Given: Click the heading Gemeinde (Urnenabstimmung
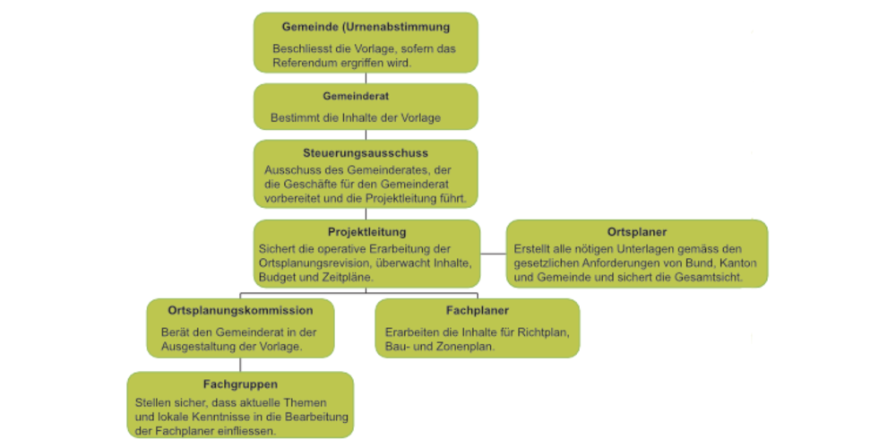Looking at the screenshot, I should [x=366, y=27].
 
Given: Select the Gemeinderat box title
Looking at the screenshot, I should [x=366, y=95].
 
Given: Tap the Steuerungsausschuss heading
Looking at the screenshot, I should [x=366, y=153].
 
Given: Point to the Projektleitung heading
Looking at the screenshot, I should [x=366, y=232].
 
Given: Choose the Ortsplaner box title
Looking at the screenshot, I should [x=636, y=232].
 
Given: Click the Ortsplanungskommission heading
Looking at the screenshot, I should [x=240, y=311].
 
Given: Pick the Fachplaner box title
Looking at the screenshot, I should [x=477, y=311].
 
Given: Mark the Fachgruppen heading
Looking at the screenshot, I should [x=240, y=384].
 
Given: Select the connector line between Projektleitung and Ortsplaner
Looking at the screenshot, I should [x=492, y=254].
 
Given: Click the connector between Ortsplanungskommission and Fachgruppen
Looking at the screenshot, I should [x=240, y=365].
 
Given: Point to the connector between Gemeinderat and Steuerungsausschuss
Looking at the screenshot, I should [x=366, y=134].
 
